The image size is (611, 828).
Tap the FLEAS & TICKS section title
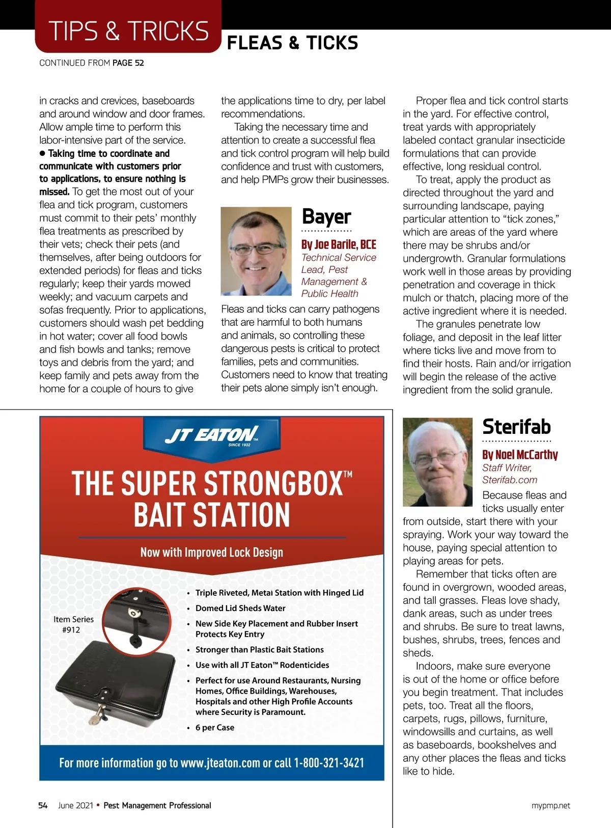292,43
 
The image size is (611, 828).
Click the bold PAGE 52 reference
128,63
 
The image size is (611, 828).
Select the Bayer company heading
326,216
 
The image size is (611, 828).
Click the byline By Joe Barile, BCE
339,244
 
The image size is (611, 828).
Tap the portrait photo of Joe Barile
256,251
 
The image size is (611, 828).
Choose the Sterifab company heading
516,427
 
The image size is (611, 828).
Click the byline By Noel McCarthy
520,455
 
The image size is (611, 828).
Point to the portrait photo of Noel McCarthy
437,462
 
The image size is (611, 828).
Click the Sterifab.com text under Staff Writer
510,480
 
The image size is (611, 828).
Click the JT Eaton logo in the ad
211,436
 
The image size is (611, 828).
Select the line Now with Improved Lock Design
211,553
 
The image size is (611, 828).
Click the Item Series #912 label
73,624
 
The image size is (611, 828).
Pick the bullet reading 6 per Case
214,728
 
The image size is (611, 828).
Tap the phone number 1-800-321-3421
329,763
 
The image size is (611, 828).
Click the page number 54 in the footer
43,805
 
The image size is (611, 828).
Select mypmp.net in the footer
550,806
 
